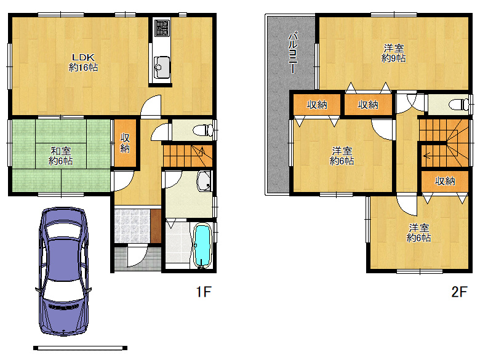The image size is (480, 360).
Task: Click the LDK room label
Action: click(83, 62)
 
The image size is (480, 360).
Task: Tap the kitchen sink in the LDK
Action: click(162, 67)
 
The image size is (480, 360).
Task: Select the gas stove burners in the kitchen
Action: click(162, 28)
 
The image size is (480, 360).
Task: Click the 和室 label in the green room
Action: click(60, 151)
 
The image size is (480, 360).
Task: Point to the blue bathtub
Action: click(202, 246)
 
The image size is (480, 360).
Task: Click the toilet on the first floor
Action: click(203, 130)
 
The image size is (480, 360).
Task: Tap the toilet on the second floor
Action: click(458, 105)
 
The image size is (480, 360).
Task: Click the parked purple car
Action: click(64, 271)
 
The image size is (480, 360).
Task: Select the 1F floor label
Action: click(204, 292)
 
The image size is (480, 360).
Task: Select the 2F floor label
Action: click(459, 292)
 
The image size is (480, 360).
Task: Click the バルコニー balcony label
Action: click(293, 52)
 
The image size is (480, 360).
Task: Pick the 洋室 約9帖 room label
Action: click(394, 53)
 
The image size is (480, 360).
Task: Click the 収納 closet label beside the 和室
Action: click(125, 143)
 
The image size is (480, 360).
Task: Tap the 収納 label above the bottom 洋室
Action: click(445, 181)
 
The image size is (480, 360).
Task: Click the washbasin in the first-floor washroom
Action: click(204, 181)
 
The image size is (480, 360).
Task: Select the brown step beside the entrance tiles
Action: click(156, 226)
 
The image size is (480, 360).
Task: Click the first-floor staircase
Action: click(187, 156)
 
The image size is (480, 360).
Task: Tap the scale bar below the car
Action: click(80, 348)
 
